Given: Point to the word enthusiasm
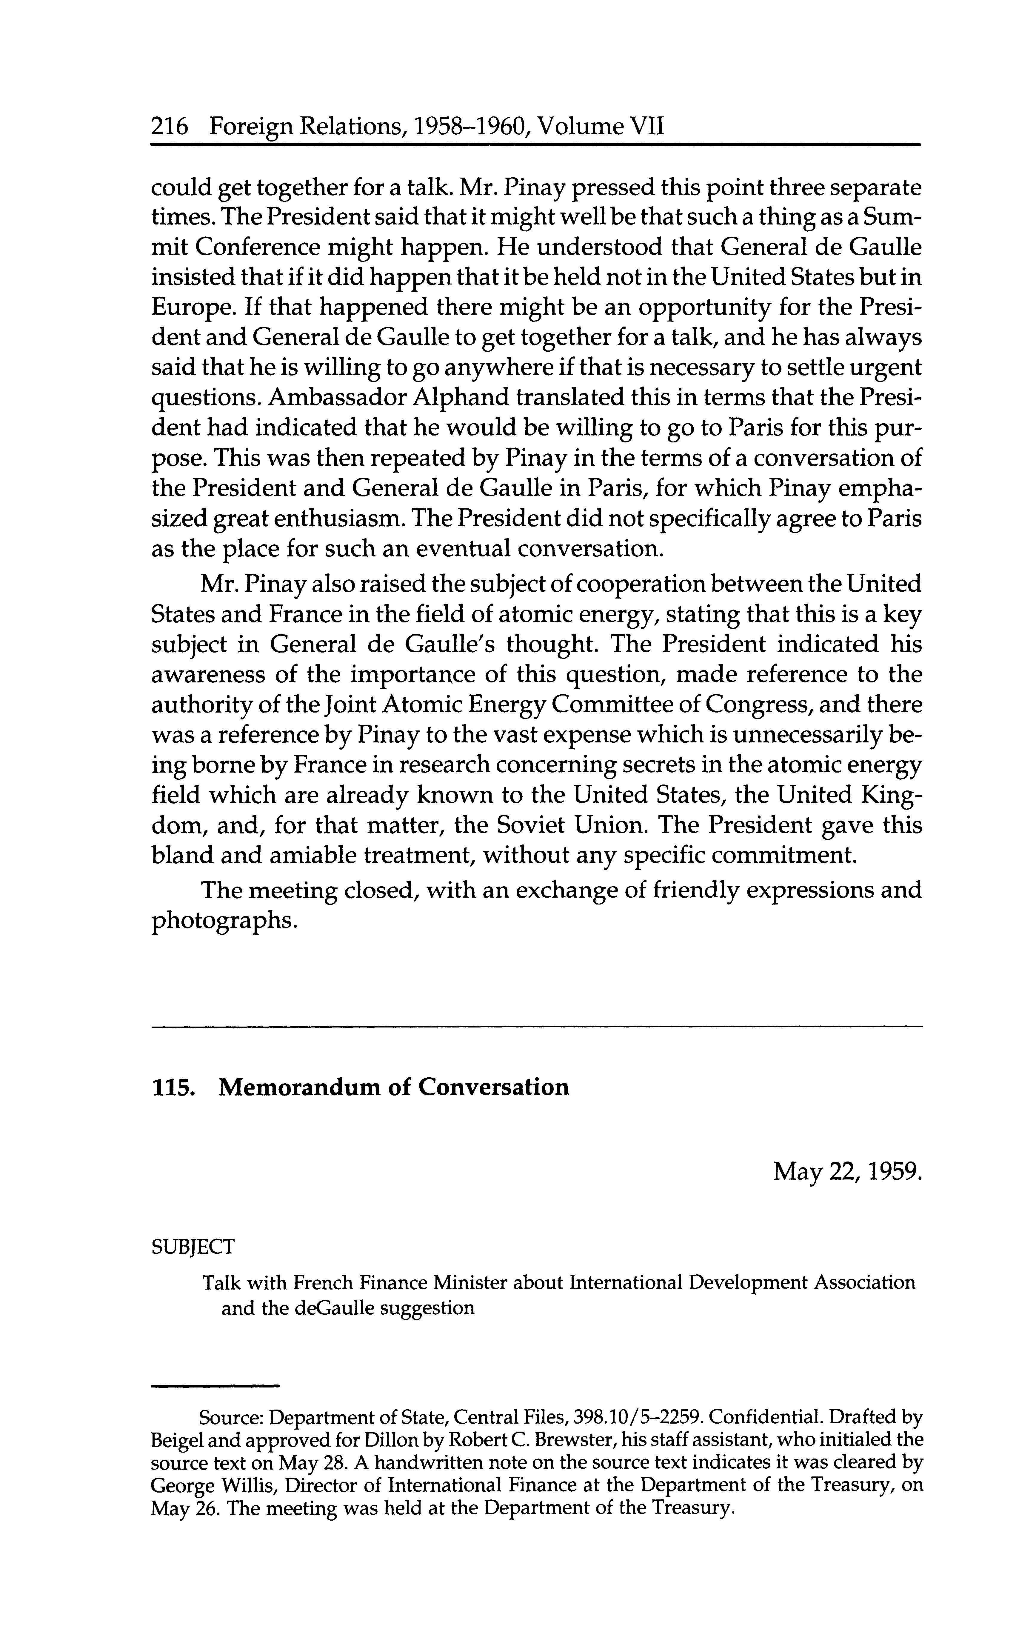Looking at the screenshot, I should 340,519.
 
